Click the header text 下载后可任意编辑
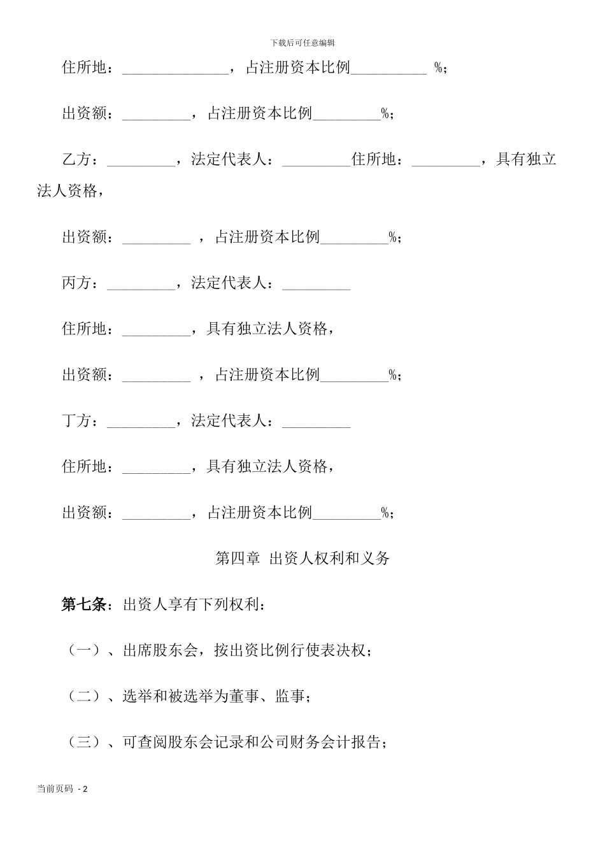point(302,43)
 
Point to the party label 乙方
point(77,160)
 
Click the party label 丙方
point(77,283)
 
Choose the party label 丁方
point(77,421)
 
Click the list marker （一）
point(84,650)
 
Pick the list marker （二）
point(84,696)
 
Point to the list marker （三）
point(84,742)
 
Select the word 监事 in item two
point(290,696)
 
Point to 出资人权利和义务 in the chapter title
point(329,559)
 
